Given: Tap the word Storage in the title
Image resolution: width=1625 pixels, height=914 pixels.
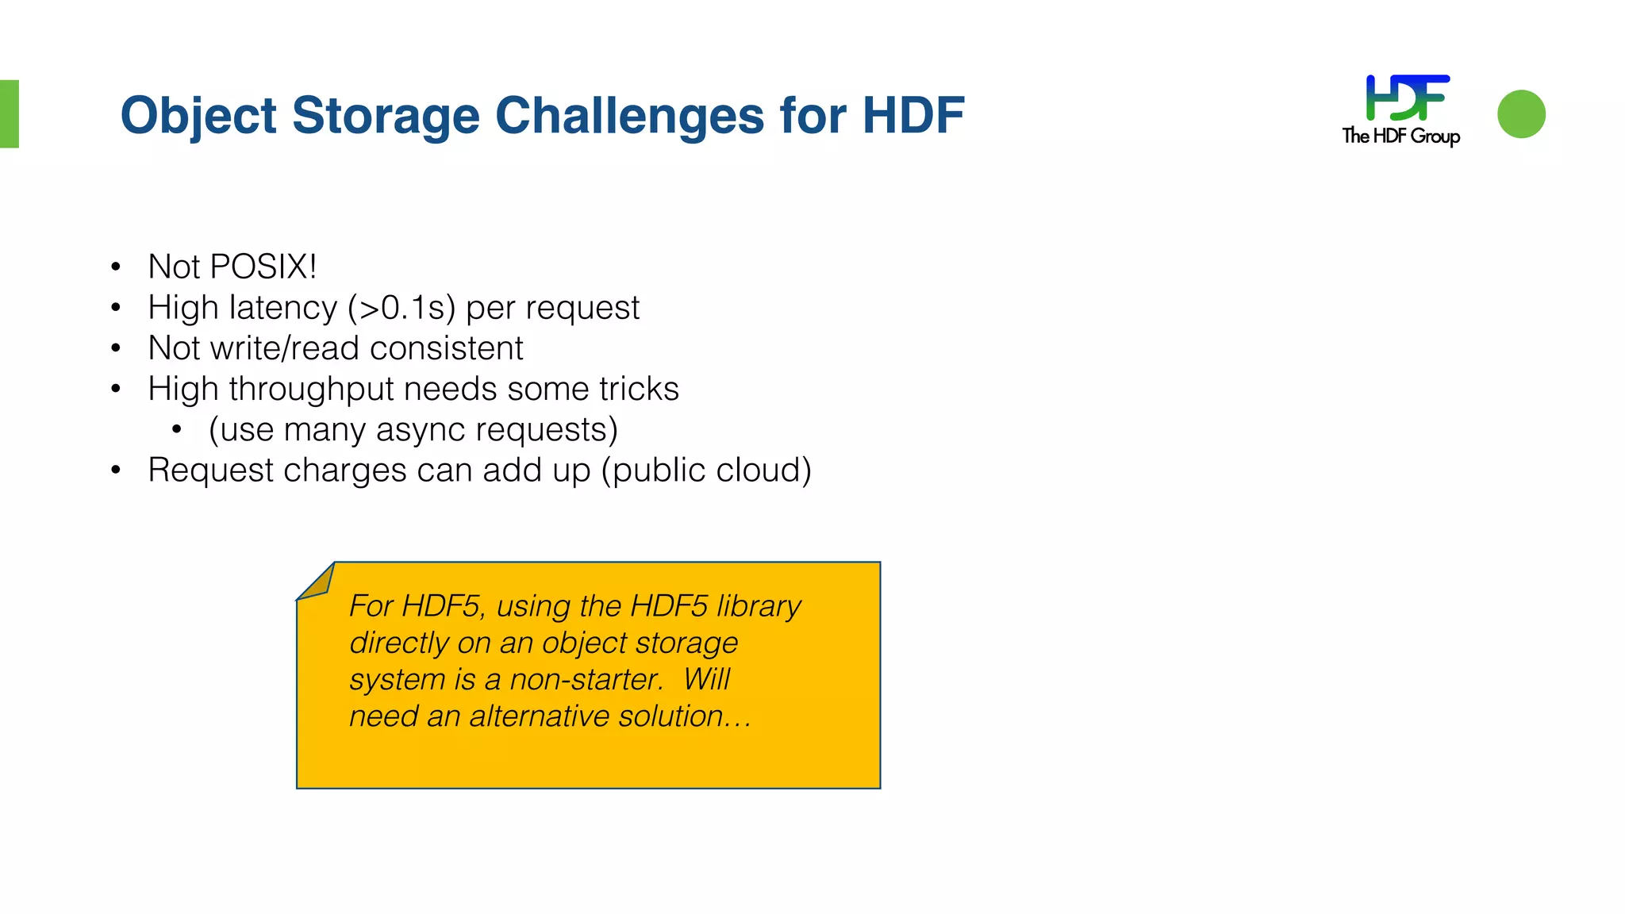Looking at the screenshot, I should (x=386, y=115).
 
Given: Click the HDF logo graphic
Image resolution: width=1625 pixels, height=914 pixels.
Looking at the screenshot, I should (x=1407, y=98).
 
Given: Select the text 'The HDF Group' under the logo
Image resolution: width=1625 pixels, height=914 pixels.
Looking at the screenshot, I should (x=1400, y=136).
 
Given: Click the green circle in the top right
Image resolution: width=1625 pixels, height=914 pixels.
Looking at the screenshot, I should (x=1521, y=114).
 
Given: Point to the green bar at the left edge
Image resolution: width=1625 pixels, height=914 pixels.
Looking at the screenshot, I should (x=9, y=113).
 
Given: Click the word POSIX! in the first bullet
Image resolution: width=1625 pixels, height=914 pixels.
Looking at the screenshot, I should (x=263, y=267).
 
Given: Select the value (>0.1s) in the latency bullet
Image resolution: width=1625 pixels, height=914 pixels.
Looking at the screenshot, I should (x=401, y=308).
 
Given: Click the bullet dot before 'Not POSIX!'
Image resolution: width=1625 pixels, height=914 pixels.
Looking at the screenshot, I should (x=116, y=267).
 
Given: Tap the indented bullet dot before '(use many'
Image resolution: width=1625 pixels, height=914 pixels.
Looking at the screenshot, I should (x=176, y=430).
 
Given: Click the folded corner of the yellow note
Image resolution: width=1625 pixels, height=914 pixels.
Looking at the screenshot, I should (x=317, y=582).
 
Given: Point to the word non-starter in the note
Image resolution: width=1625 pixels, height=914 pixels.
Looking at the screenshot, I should (x=586, y=680).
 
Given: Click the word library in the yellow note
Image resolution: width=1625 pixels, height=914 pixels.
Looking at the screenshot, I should (x=759, y=606).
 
